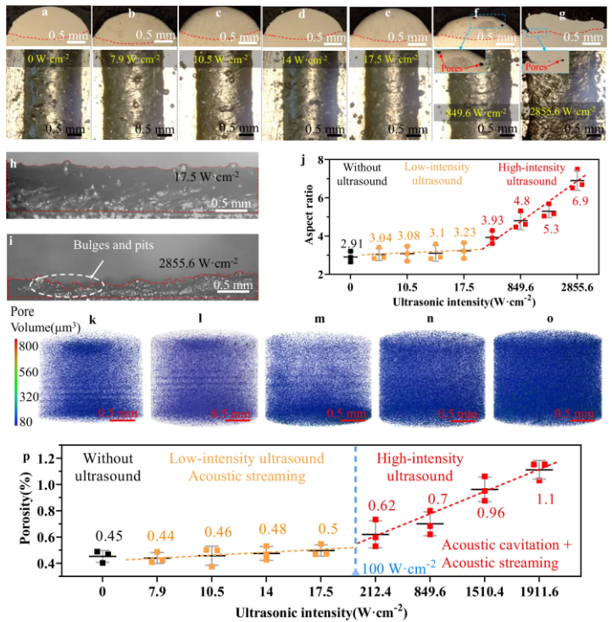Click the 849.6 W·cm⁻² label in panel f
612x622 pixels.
pos(475,111)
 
